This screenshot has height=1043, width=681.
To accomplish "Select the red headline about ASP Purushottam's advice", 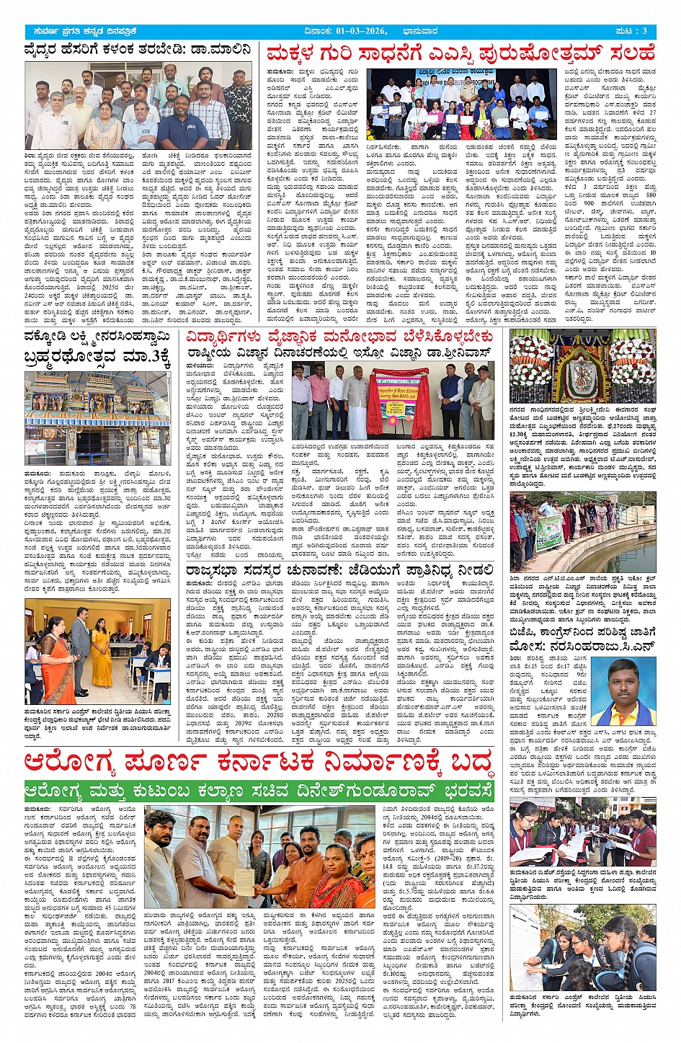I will (460, 53).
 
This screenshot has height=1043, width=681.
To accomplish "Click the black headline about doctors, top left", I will (138, 50).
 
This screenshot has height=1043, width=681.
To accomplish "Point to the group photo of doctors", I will (138, 105).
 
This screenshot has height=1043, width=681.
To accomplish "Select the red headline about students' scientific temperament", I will (339, 337).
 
